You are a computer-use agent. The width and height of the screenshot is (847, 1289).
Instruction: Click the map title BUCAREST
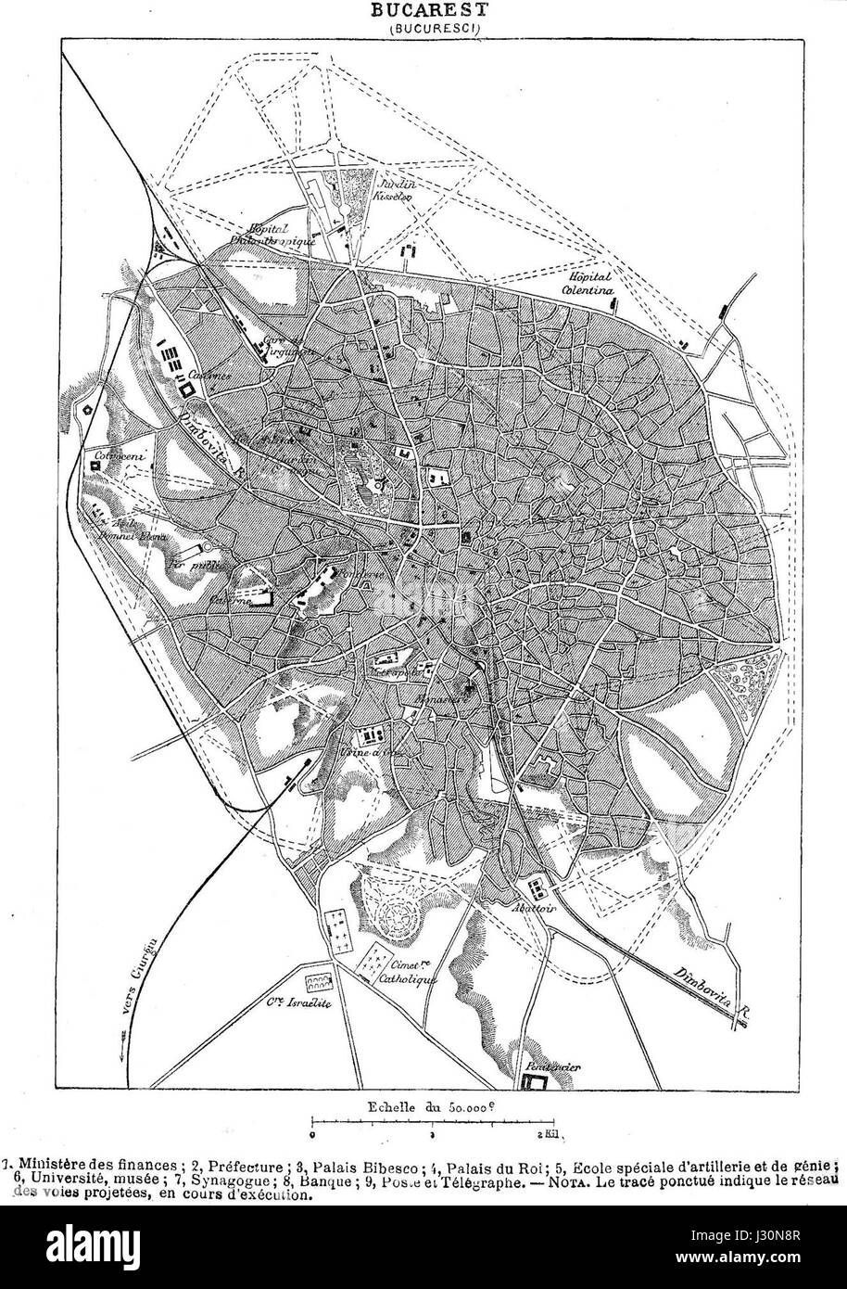[x=428, y=10]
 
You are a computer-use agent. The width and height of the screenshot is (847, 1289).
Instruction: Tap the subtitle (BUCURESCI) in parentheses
[x=428, y=28]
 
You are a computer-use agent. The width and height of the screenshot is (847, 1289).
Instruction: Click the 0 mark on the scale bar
[x=314, y=1133]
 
